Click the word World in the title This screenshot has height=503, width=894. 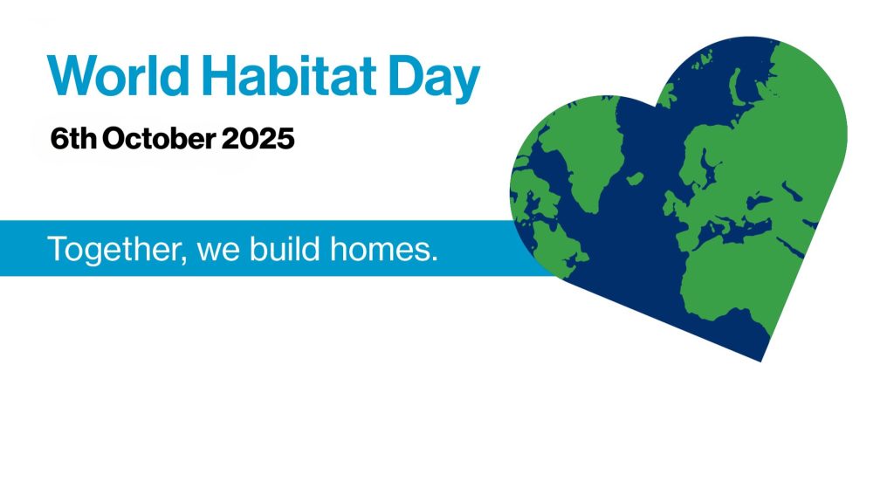click(x=118, y=76)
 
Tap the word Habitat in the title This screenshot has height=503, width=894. click(x=289, y=76)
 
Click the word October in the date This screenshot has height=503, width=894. click(x=159, y=139)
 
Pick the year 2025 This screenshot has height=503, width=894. click(x=258, y=139)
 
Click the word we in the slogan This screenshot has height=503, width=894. click(x=217, y=251)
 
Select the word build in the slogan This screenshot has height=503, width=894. click(x=285, y=248)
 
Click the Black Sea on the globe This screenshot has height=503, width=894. click(x=759, y=202)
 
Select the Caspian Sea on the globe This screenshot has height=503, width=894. click(x=792, y=191)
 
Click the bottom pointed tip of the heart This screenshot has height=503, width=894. click(x=761, y=362)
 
